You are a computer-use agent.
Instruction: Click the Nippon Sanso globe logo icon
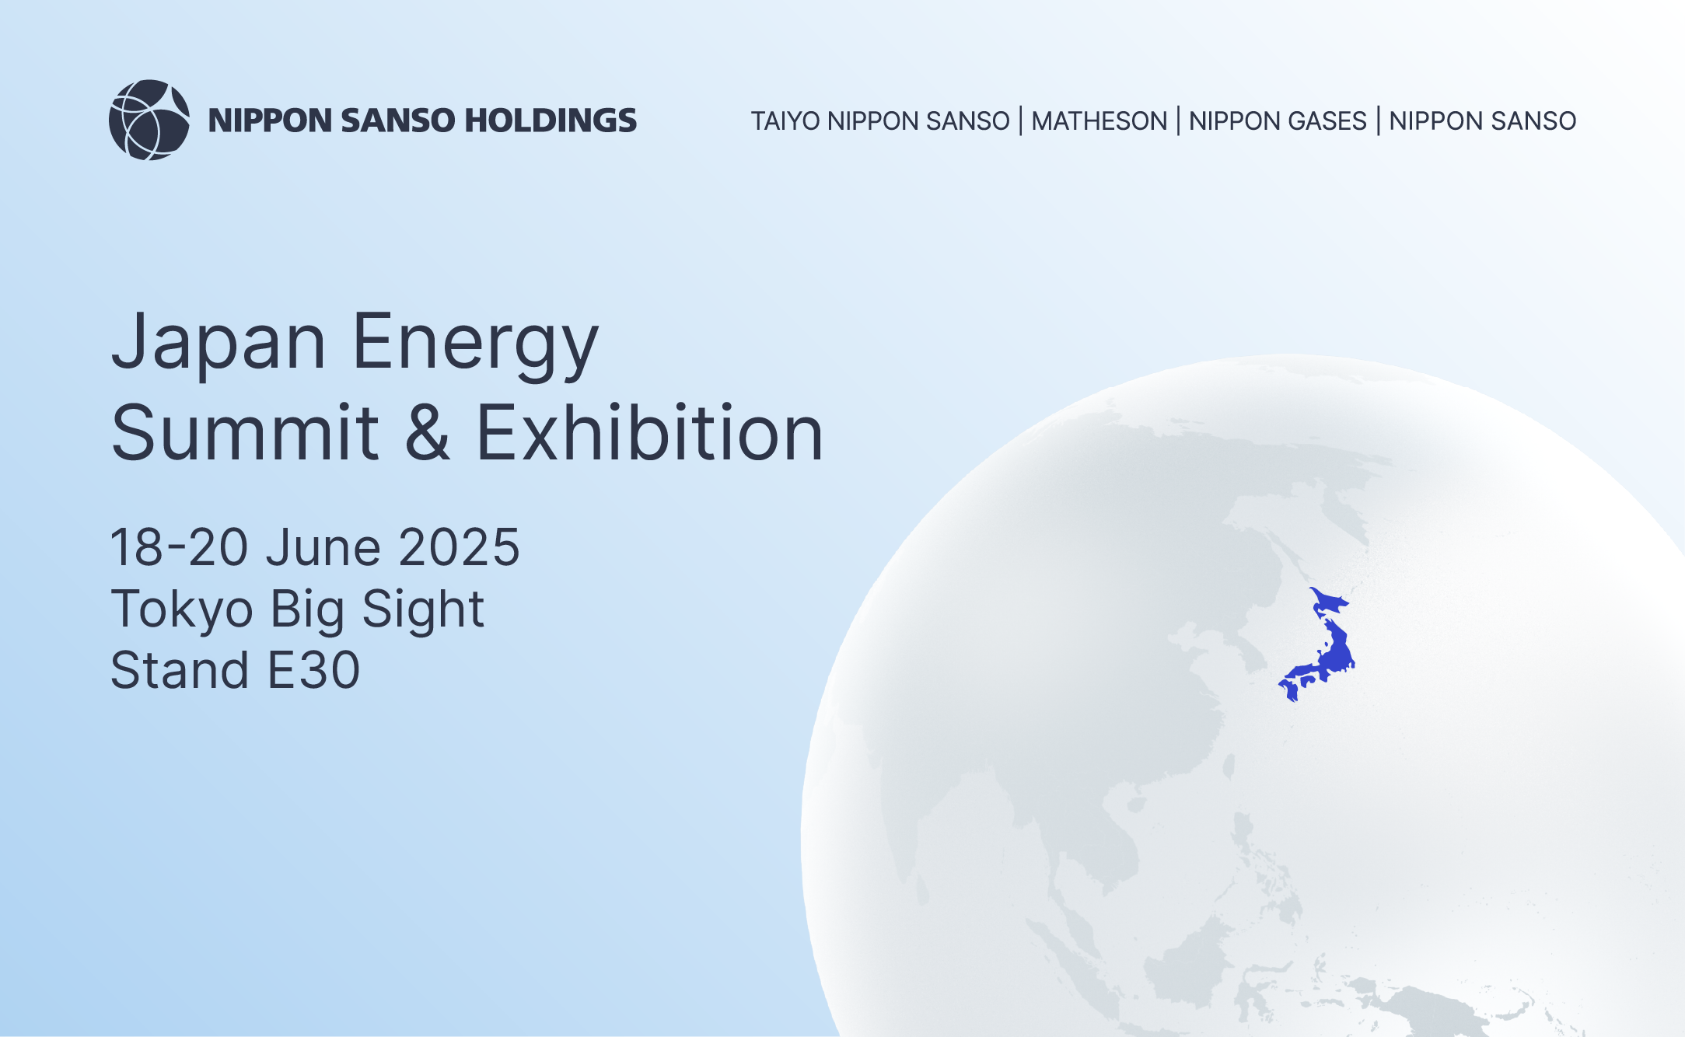click(x=149, y=120)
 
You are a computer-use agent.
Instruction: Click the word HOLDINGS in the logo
click(x=551, y=120)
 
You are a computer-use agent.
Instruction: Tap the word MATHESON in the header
click(x=1099, y=121)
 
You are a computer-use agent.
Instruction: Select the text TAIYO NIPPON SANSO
click(x=880, y=121)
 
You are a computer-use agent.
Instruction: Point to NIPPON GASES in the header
click(x=1278, y=121)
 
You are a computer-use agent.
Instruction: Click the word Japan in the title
click(x=219, y=343)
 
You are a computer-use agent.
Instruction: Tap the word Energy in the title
click(x=475, y=343)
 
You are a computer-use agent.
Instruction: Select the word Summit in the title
click(x=245, y=433)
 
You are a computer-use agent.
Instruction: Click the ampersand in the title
click(x=427, y=433)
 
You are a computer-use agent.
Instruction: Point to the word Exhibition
click(x=649, y=433)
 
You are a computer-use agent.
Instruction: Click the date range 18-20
click(x=179, y=547)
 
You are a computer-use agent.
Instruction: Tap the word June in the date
click(x=323, y=547)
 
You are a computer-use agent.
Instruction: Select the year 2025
click(x=459, y=547)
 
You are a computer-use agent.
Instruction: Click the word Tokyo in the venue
click(x=182, y=609)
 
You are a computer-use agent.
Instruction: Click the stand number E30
click(x=313, y=670)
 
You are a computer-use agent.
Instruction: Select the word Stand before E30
click(x=180, y=670)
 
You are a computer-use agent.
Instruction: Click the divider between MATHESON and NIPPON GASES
click(x=1178, y=121)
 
